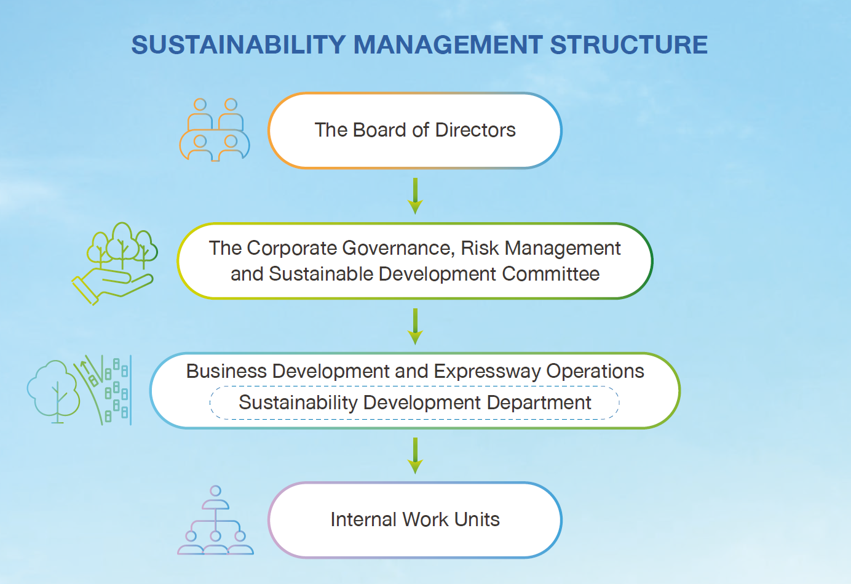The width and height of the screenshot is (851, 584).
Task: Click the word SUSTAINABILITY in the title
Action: (238, 45)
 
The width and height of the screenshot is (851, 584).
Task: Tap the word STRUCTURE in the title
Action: (629, 45)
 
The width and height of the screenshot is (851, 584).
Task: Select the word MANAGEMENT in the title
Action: (448, 45)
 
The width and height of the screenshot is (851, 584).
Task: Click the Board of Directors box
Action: (415, 130)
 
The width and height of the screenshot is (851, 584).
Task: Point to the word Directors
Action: (475, 130)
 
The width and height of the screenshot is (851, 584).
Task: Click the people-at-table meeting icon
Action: (215, 130)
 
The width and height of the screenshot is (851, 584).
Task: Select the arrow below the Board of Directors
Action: (415, 196)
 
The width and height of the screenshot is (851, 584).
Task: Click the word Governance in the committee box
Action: (398, 249)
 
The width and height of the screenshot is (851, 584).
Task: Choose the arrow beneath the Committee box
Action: (415, 327)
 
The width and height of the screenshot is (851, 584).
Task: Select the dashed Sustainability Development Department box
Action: (414, 402)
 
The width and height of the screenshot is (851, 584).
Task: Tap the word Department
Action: (539, 403)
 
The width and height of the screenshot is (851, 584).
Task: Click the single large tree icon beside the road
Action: (53, 391)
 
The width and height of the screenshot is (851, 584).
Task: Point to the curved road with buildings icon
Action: (103, 390)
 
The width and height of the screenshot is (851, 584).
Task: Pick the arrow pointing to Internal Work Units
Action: (415, 456)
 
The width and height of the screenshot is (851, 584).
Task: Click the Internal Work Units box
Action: (415, 520)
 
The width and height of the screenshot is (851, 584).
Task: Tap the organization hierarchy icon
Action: (215, 520)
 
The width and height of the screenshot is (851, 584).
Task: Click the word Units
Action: (477, 520)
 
